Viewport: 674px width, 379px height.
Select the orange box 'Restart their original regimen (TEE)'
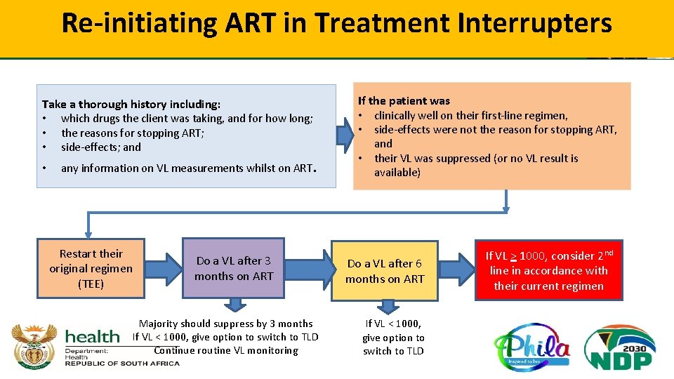tap(91, 268)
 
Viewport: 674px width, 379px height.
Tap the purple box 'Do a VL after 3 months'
tap(234, 268)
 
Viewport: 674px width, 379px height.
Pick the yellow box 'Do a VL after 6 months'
tap(385, 272)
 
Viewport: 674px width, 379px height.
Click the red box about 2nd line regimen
tap(548, 270)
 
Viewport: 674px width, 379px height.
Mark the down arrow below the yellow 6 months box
tap(387, 307)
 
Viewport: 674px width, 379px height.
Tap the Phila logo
tap(531, 346)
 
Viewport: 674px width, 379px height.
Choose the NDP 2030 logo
tap(621, 346)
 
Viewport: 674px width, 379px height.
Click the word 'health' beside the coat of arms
tap(92, 336)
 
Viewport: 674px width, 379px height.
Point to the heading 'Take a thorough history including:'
tap(131, 104)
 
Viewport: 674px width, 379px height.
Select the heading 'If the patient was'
tap(404, 101)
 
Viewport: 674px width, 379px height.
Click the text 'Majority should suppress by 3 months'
tap(225, 324)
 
